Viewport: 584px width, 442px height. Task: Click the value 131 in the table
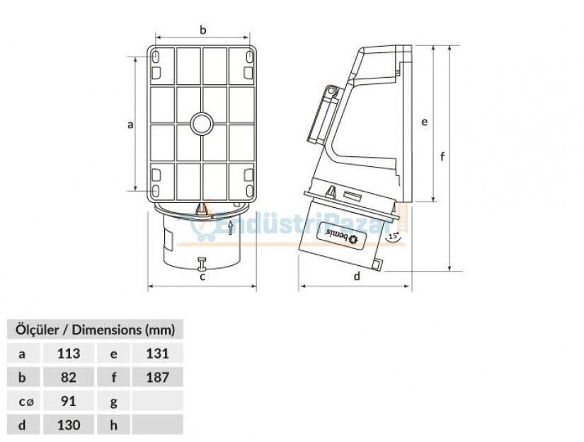(157, 353)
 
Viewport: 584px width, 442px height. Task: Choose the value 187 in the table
(157, 377)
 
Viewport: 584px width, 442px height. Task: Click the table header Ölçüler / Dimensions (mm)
(94, 329)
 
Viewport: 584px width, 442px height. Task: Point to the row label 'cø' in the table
(25, 401)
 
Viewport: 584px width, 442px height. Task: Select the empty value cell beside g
(157, 401)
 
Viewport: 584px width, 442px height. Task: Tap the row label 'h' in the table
(114, 424)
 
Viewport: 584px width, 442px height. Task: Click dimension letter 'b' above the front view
(202, 30)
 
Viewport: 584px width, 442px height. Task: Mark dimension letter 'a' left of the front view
(130, 125)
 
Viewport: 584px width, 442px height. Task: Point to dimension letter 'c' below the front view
(202, 277)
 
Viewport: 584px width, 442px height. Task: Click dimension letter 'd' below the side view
(357, 276)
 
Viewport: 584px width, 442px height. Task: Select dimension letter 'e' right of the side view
(424, 122)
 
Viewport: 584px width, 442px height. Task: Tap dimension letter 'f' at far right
(442, 156)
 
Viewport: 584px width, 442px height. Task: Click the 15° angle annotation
(393, 236)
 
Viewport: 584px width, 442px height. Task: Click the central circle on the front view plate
(202, 124)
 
